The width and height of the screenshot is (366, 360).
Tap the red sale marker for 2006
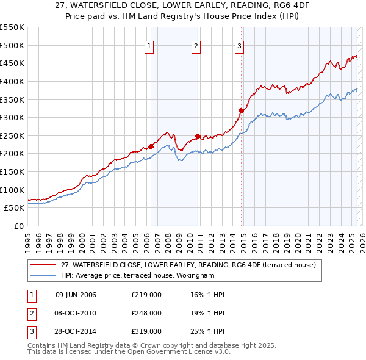[x=151, y=146]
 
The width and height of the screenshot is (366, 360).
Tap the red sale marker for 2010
[x=198, y=136]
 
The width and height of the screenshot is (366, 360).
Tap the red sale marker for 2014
[x=242, y=110]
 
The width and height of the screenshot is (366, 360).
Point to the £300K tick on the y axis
[x=12, y=117]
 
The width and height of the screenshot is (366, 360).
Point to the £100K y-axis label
[x=12, y=190]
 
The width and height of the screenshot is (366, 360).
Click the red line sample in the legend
[x=43, y=265]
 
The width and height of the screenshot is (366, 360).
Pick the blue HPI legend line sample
[x=43, y=276]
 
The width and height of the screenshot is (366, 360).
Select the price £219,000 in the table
[x=146, y=295]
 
